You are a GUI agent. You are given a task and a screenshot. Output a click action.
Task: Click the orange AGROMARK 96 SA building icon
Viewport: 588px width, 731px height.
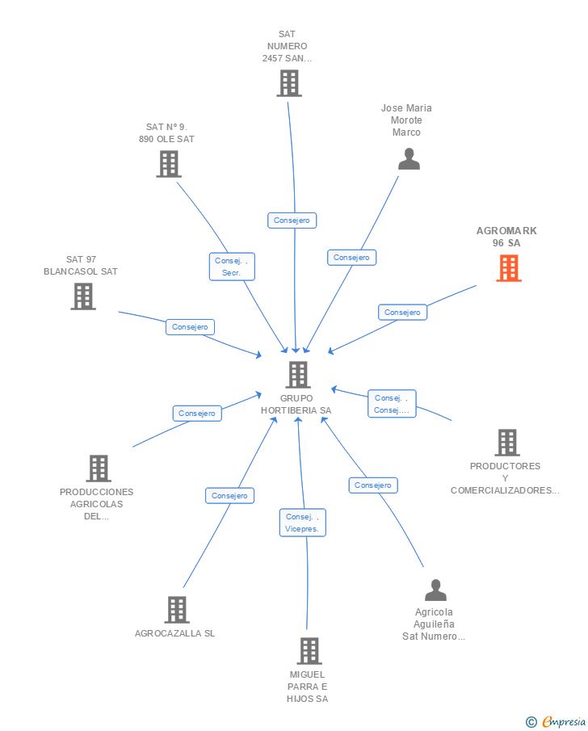(509, 268)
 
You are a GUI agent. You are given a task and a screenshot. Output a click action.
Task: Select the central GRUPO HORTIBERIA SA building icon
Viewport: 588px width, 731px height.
(298, 375)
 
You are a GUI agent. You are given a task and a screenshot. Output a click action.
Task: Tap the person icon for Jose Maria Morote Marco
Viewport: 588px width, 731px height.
(409, 159)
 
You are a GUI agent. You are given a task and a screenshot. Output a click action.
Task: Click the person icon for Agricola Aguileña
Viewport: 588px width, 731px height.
(435, 590)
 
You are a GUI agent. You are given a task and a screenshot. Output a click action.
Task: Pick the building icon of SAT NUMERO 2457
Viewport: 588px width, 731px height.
(288, 83)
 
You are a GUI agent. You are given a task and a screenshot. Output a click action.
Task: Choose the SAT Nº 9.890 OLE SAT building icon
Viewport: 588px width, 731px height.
(168, 164)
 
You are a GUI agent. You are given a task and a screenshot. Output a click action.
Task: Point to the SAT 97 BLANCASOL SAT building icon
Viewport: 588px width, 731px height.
(82, 296)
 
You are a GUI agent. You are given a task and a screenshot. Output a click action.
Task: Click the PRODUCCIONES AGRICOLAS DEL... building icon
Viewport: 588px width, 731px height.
(98, 468)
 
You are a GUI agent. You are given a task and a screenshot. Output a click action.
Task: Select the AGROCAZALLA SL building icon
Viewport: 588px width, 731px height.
(177, 610)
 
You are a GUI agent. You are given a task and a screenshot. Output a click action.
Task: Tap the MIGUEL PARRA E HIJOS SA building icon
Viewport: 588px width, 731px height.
(309, 651)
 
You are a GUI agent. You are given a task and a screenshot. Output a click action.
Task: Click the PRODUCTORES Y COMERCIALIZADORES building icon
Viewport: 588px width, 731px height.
(506, 443)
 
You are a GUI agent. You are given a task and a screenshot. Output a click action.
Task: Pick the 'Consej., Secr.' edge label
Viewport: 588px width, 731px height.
(232, 267)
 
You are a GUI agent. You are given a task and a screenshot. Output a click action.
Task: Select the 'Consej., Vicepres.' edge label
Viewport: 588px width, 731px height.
(303, 523)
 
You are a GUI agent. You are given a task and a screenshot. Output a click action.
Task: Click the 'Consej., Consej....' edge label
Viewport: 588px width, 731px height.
(392, 404)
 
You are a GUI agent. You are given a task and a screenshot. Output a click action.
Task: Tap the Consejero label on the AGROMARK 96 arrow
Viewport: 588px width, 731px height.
(402, 312)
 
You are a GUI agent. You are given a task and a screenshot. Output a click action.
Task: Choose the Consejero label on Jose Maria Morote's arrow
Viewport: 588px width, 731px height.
(351, 258)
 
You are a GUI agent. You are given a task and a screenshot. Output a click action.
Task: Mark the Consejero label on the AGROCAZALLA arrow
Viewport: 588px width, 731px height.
(229, 496)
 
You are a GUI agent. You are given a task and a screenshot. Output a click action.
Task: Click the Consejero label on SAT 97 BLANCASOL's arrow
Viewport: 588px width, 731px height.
(191, 327)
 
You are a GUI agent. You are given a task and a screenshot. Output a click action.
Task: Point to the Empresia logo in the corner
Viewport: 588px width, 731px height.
(556, 721)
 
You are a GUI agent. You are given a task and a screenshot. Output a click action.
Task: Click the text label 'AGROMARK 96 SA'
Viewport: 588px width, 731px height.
(506, 237)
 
